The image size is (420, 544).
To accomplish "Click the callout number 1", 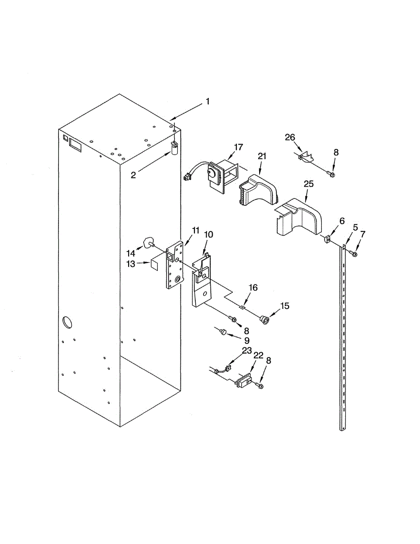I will (208, 102).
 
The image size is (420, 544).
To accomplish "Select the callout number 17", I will (238, 147).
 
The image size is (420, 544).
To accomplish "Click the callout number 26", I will (290, 137).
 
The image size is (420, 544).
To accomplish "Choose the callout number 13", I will (131, 264).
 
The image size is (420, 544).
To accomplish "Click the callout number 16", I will (253, 287).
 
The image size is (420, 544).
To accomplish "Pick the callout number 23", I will (246, 350).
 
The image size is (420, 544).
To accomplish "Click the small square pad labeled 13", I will (154, 264).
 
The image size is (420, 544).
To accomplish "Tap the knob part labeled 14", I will (147, 243).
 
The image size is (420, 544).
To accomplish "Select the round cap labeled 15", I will (264, 320).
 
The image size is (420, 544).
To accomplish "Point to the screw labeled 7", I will (354, 254).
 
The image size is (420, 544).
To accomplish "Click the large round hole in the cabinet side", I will (66, 322).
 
